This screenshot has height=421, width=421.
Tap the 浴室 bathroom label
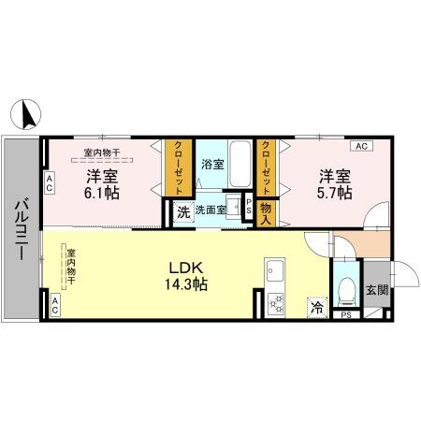(211, 165)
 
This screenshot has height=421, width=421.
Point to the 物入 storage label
(265, 213)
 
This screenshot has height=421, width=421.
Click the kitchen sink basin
(276, 274)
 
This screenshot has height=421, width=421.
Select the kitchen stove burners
(276, 303)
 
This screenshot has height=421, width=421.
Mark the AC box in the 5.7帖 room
(360, 146)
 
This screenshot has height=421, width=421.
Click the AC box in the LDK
(54, 303)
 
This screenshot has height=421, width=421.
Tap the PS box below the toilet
(345, 315)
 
